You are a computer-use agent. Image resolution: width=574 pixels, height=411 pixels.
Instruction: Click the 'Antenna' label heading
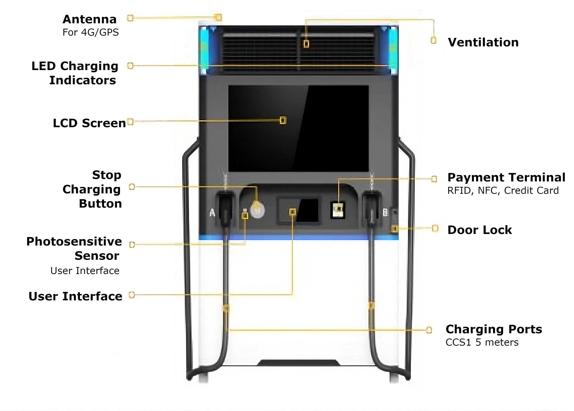[90, 19]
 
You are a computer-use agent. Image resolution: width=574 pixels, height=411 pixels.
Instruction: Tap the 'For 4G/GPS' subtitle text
[91, 33]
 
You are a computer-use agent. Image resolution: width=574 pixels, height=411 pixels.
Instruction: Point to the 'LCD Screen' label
[89, 123]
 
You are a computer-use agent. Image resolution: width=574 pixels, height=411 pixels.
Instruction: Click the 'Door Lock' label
[479, 230]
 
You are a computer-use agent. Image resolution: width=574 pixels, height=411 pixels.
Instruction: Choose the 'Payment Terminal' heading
[506, 177]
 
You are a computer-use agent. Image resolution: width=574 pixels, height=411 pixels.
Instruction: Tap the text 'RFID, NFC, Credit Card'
[503, 190]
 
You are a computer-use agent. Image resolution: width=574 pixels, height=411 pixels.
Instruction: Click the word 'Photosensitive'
[74, 241]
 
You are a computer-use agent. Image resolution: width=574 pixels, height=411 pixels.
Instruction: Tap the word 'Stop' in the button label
[107, 175]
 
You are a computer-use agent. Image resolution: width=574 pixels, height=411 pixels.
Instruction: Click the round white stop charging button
[257, 210]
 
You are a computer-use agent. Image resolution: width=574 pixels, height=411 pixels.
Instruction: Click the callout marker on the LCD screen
[283, 120]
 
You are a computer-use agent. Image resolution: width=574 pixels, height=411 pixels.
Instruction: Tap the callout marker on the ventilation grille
[306, 44]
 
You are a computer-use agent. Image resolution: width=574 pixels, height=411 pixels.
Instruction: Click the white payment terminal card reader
[338, 210]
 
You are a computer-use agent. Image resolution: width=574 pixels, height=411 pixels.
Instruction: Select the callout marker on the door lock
[394, 229]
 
